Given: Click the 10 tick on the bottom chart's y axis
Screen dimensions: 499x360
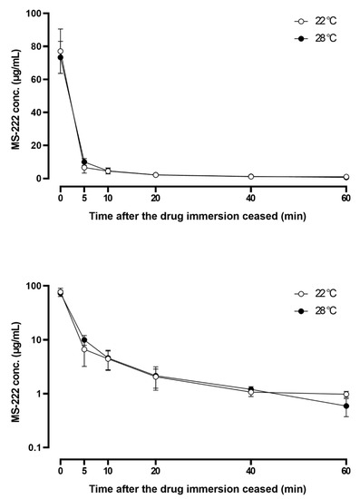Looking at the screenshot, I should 42,340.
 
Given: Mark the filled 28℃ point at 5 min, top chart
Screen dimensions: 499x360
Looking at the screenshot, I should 84,162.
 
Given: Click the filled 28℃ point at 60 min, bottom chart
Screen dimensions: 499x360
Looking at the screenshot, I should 345,406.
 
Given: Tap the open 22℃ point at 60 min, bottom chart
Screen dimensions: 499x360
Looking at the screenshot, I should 345,395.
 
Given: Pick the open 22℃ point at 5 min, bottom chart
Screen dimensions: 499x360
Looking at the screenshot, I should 84,349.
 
